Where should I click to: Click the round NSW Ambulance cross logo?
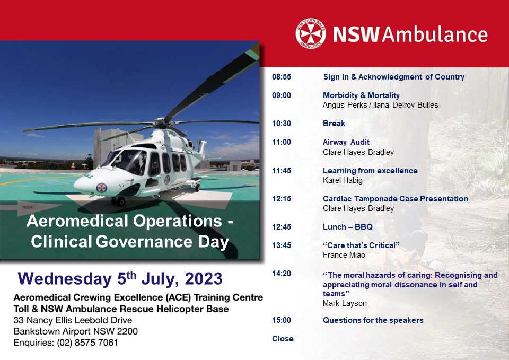pyautogui.click(x=311, y=33)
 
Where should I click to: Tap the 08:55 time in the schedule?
pyautogui.click(x=282, y=77)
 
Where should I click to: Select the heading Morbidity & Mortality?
pyautogui.click(x=361, y=95)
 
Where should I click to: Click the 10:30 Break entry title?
pyautogui.click(x=334, y=124)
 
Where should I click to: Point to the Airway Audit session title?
pyautogui.click(x=346, y=142)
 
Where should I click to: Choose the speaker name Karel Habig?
pyautogui.click(x=343, y=180)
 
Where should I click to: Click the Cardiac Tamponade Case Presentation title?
pyautogui.click(x=396, y=199)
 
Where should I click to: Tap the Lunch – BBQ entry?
pyautogui.click(x=348, y=227)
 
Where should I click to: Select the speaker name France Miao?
pyautogui.click(x=344, y=255)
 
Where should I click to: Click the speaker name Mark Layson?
pyautogui.click(x=345, y=303)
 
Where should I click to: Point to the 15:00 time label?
pyautogui.click(x=282, y=320)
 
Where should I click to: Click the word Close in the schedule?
pyautogui.click(x=283, y=339)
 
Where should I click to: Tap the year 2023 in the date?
pyautogui.click(x=204, y=278)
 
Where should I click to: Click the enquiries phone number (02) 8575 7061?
pyautogui.click(x=87, y=343)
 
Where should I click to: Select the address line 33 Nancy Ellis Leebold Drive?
pyautogui.click(x=73, y=320)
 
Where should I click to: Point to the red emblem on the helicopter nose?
pyautogui.click(x=102, y=188)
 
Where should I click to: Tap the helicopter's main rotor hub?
pyautogui.click(x=160, y=122)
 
